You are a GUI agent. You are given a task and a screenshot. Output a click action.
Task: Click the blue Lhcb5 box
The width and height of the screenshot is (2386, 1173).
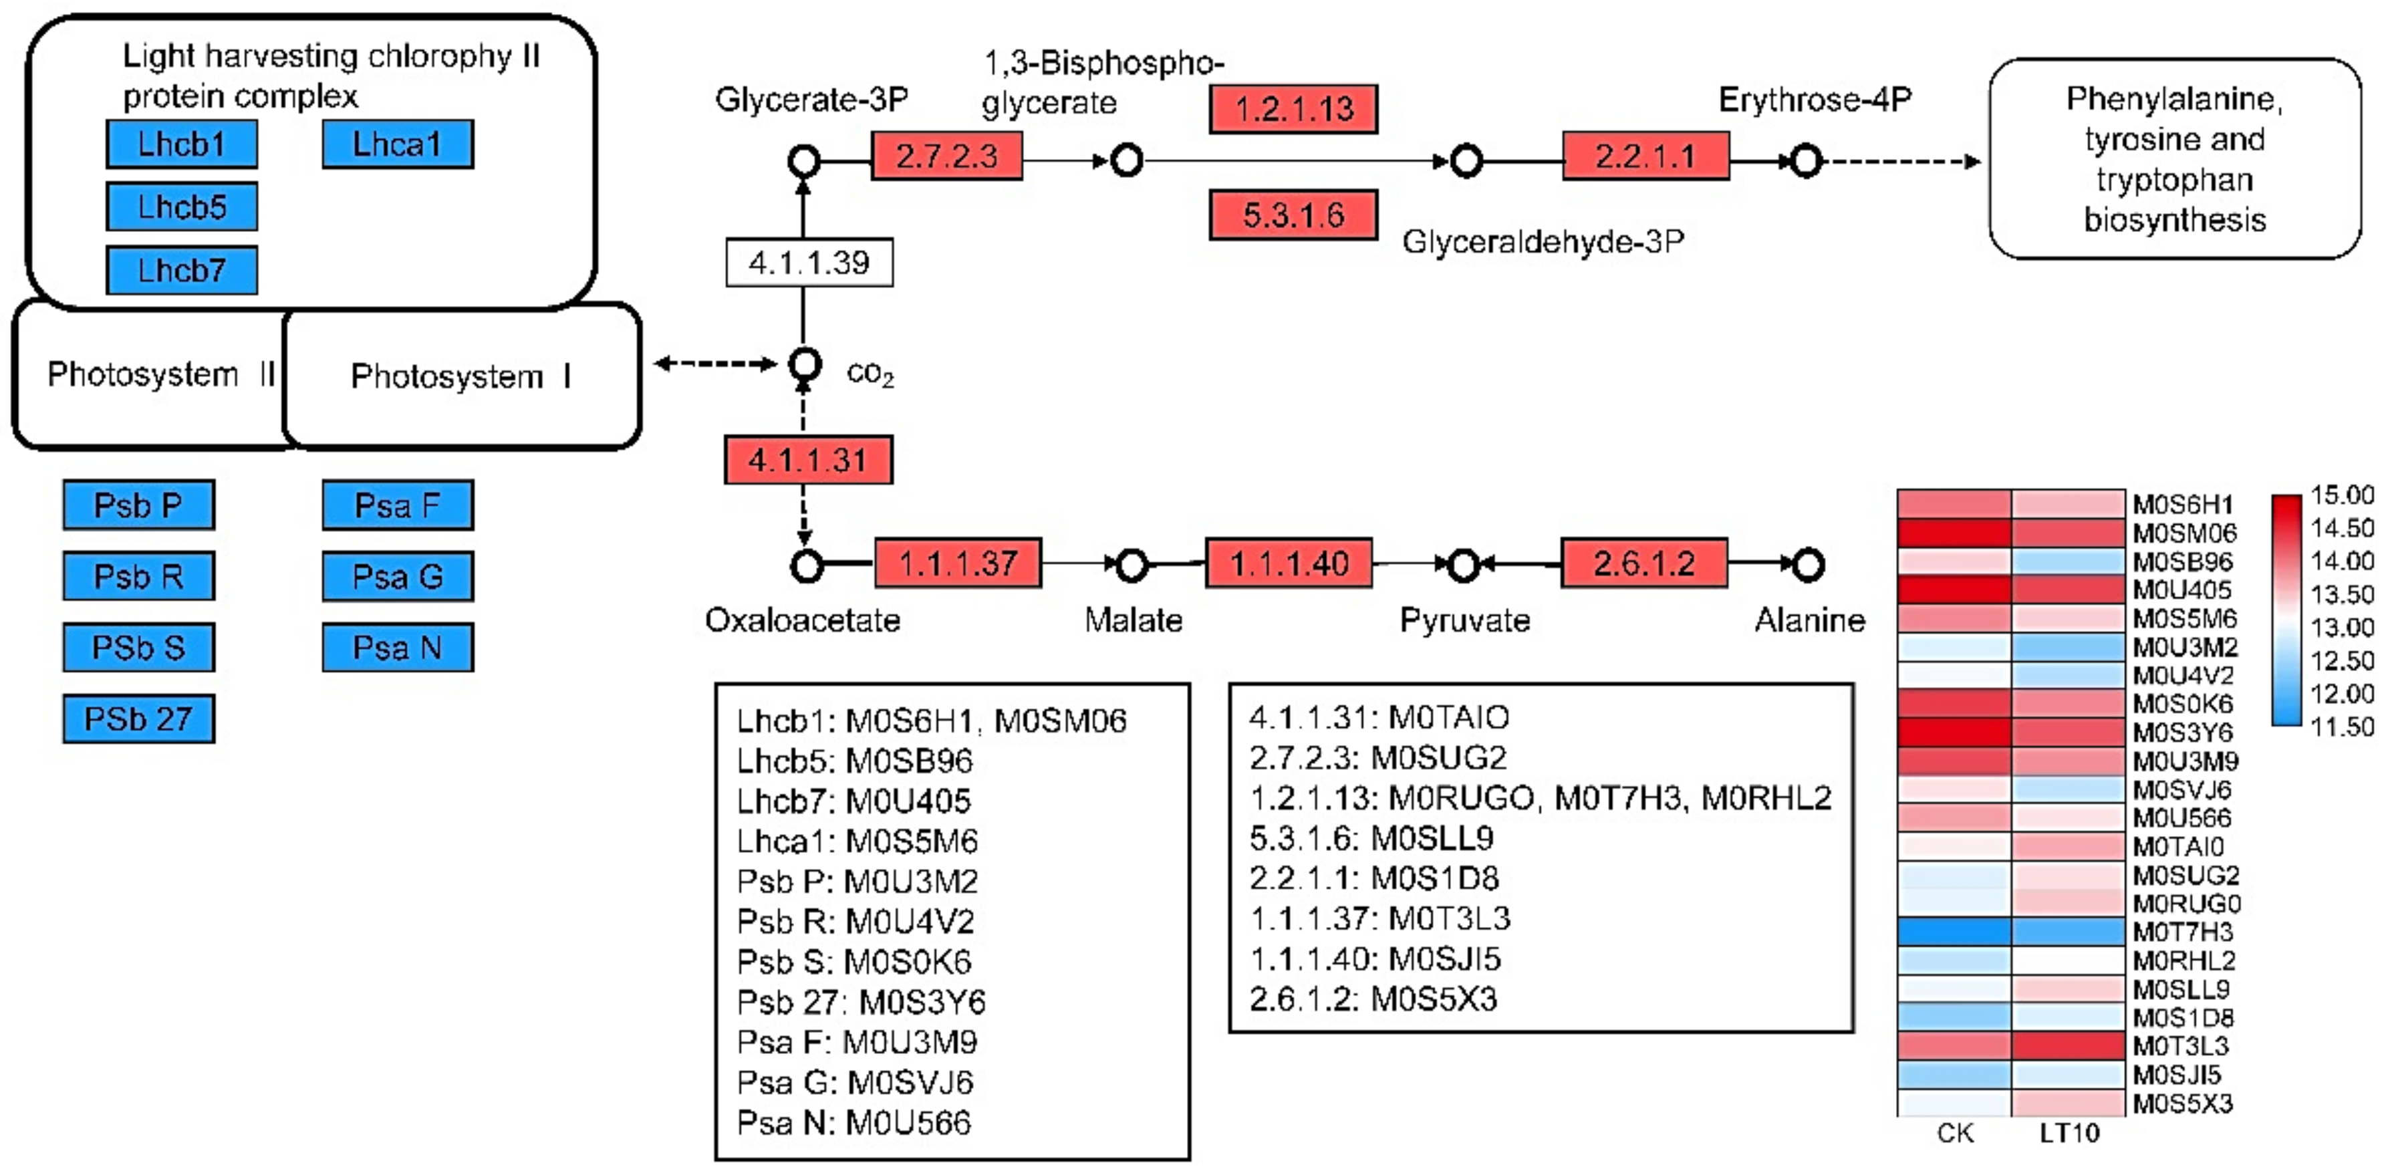coord(182,206)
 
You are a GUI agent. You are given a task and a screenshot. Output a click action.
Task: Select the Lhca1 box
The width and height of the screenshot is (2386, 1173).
coord(398,144)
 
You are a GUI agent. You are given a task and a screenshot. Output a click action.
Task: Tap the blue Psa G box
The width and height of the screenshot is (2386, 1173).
coord(398,576)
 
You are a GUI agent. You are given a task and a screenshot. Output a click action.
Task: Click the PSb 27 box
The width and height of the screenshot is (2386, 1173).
coord(139,719)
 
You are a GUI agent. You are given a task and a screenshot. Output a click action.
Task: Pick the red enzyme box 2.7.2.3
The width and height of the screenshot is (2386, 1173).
coord(946,156)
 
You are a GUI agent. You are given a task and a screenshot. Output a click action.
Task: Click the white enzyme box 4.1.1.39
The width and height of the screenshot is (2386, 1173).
coord(809,263)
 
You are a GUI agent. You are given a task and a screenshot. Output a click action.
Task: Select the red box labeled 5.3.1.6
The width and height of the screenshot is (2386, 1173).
coord(1293,215)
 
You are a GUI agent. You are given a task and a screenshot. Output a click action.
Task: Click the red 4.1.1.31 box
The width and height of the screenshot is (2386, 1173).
coord(809,460)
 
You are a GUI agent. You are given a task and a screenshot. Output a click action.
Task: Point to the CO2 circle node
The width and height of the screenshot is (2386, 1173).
coord(805,364)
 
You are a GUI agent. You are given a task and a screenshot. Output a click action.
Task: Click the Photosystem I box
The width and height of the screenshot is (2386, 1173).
coord(461,376)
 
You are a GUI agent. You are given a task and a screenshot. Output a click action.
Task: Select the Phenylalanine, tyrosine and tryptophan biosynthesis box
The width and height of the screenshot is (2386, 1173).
coord(2174,159)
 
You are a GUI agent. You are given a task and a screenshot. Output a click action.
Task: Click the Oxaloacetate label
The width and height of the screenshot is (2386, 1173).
coord(802,620)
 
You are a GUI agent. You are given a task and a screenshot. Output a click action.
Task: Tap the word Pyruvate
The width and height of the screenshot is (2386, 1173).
coord(1464,620)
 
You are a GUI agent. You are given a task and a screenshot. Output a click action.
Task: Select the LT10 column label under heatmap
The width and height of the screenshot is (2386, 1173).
coord(2069,1132)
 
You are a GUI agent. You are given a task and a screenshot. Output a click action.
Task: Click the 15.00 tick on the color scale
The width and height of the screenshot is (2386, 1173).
coord(2341,496)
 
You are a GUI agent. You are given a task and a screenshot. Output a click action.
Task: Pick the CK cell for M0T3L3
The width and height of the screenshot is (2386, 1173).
coord(1954,1046)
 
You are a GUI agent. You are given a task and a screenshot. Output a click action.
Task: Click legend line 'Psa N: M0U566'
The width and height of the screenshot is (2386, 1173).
coord(853,1123)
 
